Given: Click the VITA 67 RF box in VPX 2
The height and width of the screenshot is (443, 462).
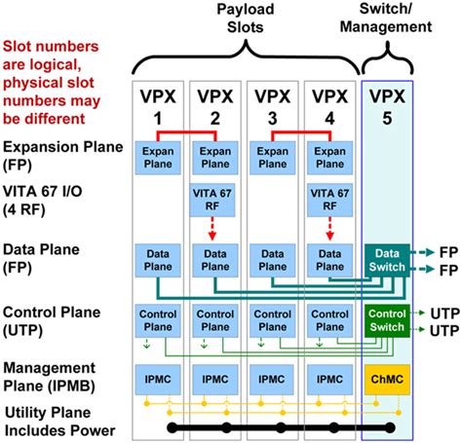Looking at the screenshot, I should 213,203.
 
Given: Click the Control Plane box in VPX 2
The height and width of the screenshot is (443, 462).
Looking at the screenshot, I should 213,321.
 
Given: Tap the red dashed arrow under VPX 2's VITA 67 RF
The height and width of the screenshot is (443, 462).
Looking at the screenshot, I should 213,229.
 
